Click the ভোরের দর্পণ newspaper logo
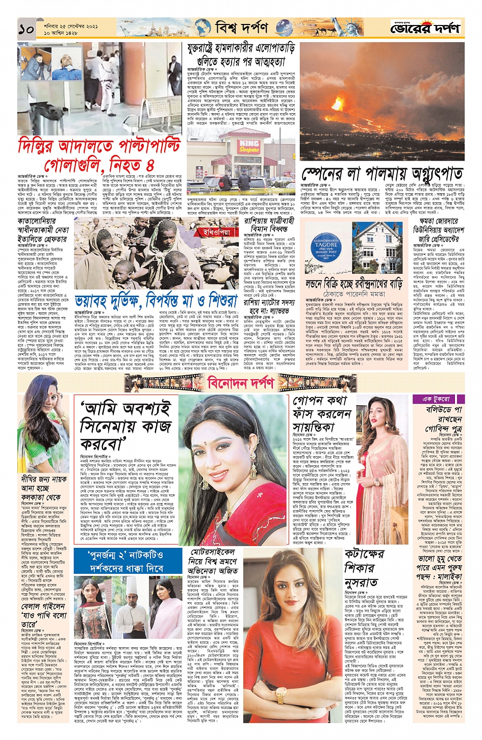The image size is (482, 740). [425, 29]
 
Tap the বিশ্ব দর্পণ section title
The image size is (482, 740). [240, 28]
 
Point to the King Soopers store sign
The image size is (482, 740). [249, 145]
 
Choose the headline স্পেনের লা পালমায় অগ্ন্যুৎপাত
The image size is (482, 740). [383, 173]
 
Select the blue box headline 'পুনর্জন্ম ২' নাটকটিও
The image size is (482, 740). [126, 561]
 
